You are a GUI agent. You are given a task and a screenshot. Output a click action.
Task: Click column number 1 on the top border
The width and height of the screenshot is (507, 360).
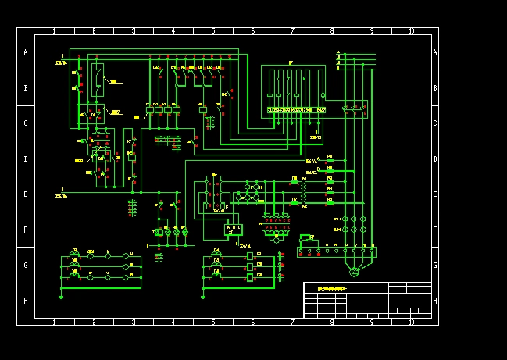54,31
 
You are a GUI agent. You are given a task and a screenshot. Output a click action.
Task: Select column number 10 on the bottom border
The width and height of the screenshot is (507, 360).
412,322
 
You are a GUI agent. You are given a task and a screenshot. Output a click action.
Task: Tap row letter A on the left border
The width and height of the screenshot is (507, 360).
25,53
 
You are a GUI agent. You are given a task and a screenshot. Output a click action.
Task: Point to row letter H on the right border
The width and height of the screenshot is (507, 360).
435,301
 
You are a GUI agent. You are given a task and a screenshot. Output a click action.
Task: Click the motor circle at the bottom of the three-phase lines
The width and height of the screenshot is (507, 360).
353,271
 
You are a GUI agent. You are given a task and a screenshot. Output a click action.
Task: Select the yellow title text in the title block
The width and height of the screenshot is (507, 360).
332,289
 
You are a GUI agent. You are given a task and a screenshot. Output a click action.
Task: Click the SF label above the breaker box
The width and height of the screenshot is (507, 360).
291,62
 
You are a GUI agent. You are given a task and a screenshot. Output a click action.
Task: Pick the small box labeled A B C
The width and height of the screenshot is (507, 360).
233,229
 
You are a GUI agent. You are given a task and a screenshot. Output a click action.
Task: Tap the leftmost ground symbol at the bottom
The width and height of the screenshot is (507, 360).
61,296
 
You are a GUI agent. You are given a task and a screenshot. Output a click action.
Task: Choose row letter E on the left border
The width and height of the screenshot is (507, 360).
25,194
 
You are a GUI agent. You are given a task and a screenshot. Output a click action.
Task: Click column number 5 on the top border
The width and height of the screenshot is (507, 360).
213,31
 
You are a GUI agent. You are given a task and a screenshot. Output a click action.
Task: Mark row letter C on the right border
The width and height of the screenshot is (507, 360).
435,123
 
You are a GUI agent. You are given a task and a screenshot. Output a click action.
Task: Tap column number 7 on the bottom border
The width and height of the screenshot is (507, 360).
292,322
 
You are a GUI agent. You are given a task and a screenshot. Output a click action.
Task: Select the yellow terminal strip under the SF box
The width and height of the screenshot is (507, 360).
296,110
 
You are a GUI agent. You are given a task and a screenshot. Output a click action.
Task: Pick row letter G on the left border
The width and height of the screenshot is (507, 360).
25,266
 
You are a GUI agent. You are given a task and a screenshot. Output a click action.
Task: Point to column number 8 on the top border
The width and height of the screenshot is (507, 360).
332,31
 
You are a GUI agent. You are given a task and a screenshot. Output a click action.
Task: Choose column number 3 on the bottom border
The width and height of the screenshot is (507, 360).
134,322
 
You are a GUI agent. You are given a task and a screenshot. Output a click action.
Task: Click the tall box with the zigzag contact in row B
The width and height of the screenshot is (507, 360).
97,79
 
